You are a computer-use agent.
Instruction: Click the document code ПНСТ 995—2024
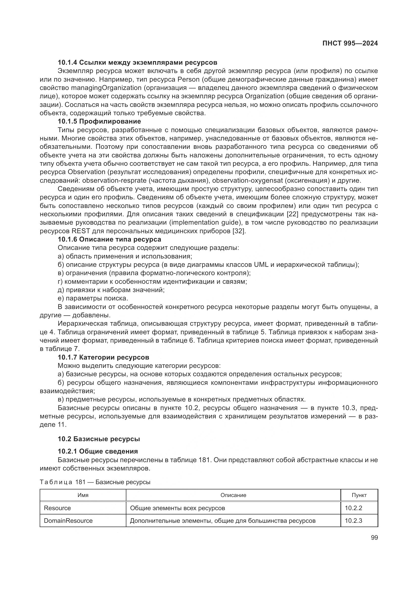(350, 43)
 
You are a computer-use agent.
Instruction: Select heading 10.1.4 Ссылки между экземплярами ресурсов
(137, 63)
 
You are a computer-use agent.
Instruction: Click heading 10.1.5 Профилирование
(99, 121)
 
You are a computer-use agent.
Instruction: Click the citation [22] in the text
(292, 214)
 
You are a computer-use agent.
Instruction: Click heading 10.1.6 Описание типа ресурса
(109, 239)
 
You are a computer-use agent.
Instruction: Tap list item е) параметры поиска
(93, 298)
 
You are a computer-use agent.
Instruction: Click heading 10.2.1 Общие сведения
(98, 451)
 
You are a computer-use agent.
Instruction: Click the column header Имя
(83, 495)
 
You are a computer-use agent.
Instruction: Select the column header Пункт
(359, 495)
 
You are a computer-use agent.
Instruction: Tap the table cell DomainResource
(68, 521)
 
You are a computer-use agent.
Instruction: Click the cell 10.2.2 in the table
(353, 508)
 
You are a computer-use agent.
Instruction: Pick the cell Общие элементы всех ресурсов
(178, 508)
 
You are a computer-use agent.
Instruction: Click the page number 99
(375, 538)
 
